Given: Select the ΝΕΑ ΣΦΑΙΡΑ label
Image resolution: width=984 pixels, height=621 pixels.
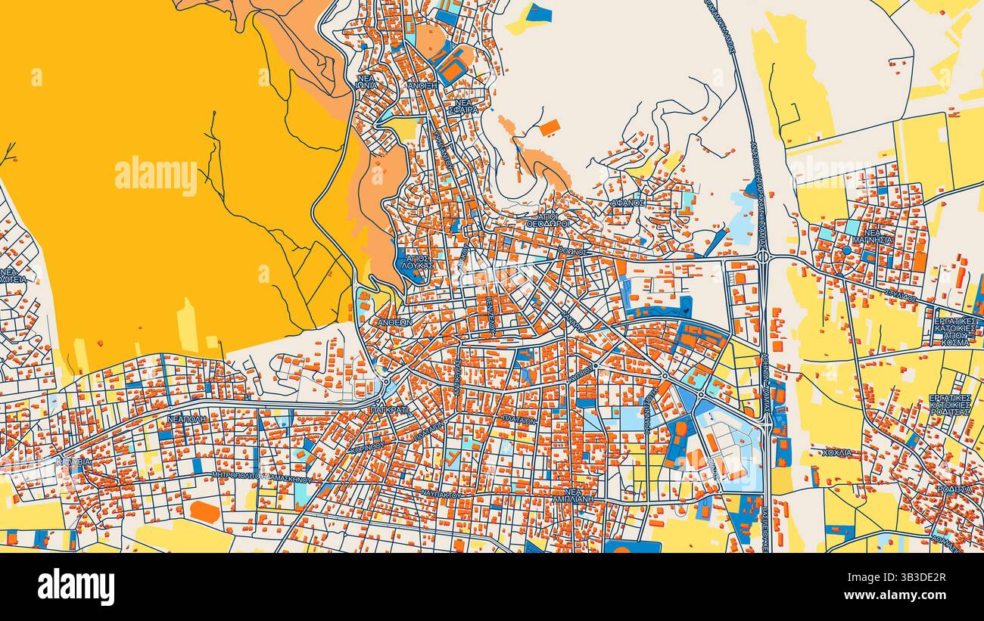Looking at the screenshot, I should pos(466,106).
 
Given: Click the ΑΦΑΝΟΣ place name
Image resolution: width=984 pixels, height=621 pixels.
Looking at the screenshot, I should pos(628,203).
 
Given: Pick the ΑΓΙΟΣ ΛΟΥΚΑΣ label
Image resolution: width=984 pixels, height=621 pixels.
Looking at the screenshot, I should pos(419,262).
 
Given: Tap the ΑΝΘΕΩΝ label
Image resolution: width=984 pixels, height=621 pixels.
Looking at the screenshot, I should pos(395,321).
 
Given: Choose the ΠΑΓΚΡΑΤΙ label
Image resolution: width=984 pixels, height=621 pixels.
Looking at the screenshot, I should pos(389,409).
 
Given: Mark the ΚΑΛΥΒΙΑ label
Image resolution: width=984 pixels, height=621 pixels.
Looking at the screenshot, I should pos(73,461).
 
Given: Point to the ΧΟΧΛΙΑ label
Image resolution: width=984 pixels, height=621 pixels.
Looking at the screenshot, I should pos(837,452).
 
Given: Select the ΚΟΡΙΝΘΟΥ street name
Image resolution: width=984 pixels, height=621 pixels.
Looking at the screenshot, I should pos(368,447).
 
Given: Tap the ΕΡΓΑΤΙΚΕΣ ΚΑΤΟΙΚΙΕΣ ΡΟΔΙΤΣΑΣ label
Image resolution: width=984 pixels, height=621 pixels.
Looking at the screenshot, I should pos(950,405).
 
